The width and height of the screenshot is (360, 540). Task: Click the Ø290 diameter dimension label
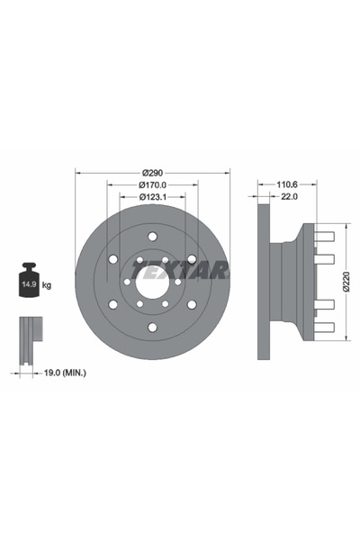[x=151, y=172]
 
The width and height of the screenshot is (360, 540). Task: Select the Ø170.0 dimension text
[x=151, y=185]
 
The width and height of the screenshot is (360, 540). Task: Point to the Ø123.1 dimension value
[x=151, y=198]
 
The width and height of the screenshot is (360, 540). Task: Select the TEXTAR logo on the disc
[x=180, y=269]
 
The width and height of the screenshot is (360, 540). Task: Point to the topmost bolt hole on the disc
[x=151, y=237]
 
